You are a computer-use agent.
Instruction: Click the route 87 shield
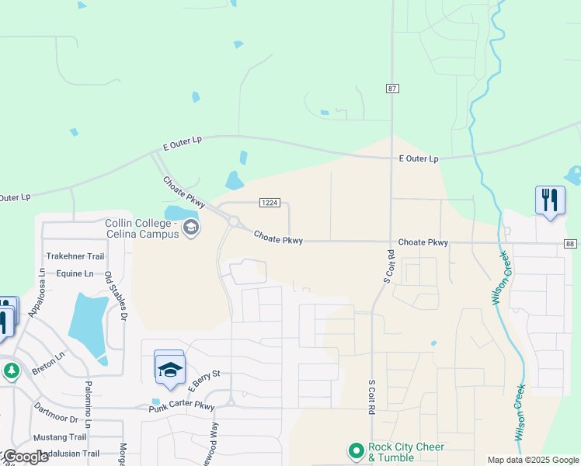(392, 89)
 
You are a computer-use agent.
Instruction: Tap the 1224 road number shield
(269, 203)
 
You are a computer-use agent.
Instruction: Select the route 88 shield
(570, 244)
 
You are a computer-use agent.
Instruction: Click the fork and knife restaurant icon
(549, 200)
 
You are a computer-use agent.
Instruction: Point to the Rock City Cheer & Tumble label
(406, 452)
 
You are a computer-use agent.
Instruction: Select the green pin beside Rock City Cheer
(356, 450)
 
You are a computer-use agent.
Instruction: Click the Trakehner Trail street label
(75, 256)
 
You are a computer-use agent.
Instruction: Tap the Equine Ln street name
(75, 273)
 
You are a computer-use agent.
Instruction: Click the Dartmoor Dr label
(56, 412)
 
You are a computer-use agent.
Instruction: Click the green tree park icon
(10, 371)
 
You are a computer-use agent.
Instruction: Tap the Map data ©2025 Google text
(534, 460)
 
